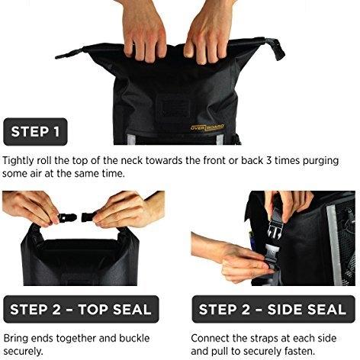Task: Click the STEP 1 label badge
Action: click(35, 132)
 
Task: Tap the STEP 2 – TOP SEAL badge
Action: click(81, 309)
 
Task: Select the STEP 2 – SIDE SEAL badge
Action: click(273, 309)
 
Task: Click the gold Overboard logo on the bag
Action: click(207, 127)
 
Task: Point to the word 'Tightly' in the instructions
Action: click(18, 161)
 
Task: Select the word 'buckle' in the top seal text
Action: click(134, 338)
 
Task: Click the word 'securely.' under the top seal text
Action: click(23, 352)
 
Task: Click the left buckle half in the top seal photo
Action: click(67, 217)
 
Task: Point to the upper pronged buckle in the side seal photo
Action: click(274, 227)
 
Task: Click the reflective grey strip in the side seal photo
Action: click(333, 245)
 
